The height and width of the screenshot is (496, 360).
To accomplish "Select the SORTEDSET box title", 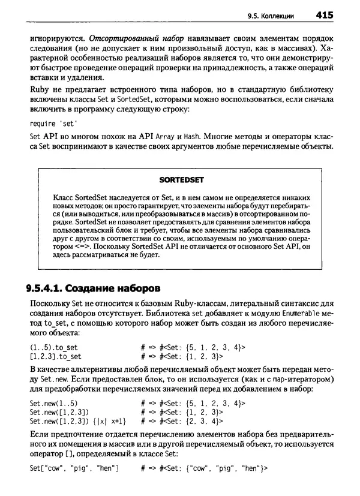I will pos(182,179).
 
